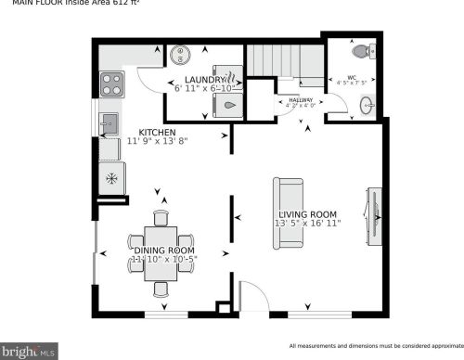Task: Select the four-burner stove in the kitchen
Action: [x=112, y=84]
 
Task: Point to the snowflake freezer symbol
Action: [x=112, y=177]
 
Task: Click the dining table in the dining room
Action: [x=161, y=251]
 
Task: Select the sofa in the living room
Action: [x=289, y=212]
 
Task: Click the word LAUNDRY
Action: [x=205, y=81]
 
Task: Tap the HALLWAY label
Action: [x=301, y=98]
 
